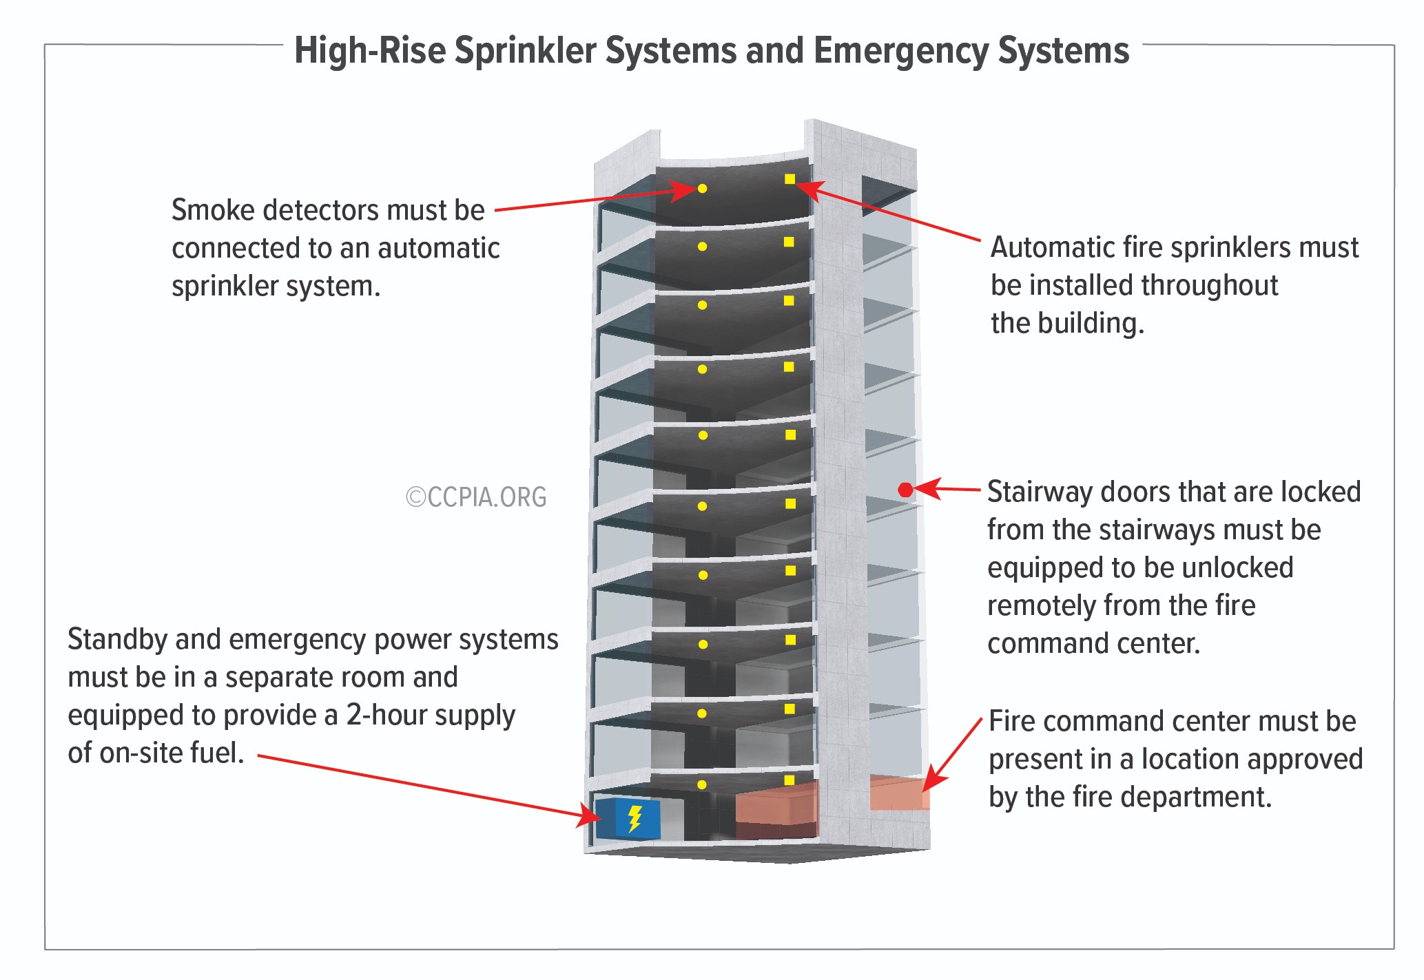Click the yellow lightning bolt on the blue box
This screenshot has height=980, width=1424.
635,818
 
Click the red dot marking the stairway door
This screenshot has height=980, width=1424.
905,490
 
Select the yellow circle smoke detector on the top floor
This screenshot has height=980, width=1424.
702,188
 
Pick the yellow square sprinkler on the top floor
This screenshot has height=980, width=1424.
790,179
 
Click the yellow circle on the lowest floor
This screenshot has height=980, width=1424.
701,784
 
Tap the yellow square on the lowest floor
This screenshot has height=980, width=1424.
790,780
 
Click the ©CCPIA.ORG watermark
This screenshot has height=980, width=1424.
476,497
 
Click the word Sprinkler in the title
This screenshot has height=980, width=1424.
525,51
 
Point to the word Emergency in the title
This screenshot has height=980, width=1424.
900,51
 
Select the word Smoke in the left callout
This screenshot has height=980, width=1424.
212,210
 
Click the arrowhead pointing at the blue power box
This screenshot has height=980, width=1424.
590,817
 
